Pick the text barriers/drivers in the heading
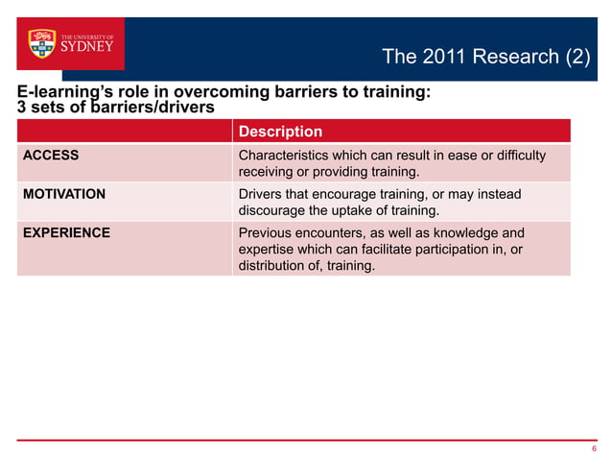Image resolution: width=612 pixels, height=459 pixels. tap(145, 107)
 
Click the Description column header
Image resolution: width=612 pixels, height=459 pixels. tap(279, 132)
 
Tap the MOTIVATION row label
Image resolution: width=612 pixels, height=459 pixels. tap(64, 194)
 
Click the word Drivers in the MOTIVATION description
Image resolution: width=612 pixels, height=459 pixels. tap(261, 194)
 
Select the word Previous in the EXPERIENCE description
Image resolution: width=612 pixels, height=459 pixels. tap(267, 232)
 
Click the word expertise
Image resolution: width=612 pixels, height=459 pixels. tap(269, 250)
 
